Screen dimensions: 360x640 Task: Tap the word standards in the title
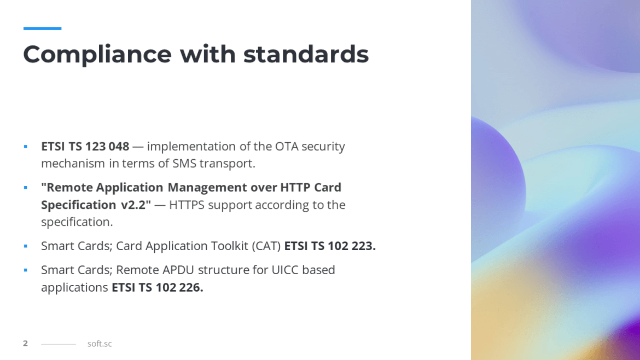(x=306, y=54)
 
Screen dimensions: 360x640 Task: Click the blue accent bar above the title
(x=42, y=28)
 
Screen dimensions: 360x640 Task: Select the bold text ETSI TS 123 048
(x=85, y=147)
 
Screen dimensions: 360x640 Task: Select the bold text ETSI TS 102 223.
(x=330, y=246)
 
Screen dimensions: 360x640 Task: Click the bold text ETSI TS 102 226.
(x=158, y=288)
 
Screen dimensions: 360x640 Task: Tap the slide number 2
(x=25, y=344)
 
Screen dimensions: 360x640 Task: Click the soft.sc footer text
(x=100, y=344)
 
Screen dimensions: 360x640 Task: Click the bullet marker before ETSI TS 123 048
(x=25, y=147)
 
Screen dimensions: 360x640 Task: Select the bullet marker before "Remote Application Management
(x=25, y=188)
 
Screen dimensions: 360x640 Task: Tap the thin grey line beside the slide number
(x=59, y=344)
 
